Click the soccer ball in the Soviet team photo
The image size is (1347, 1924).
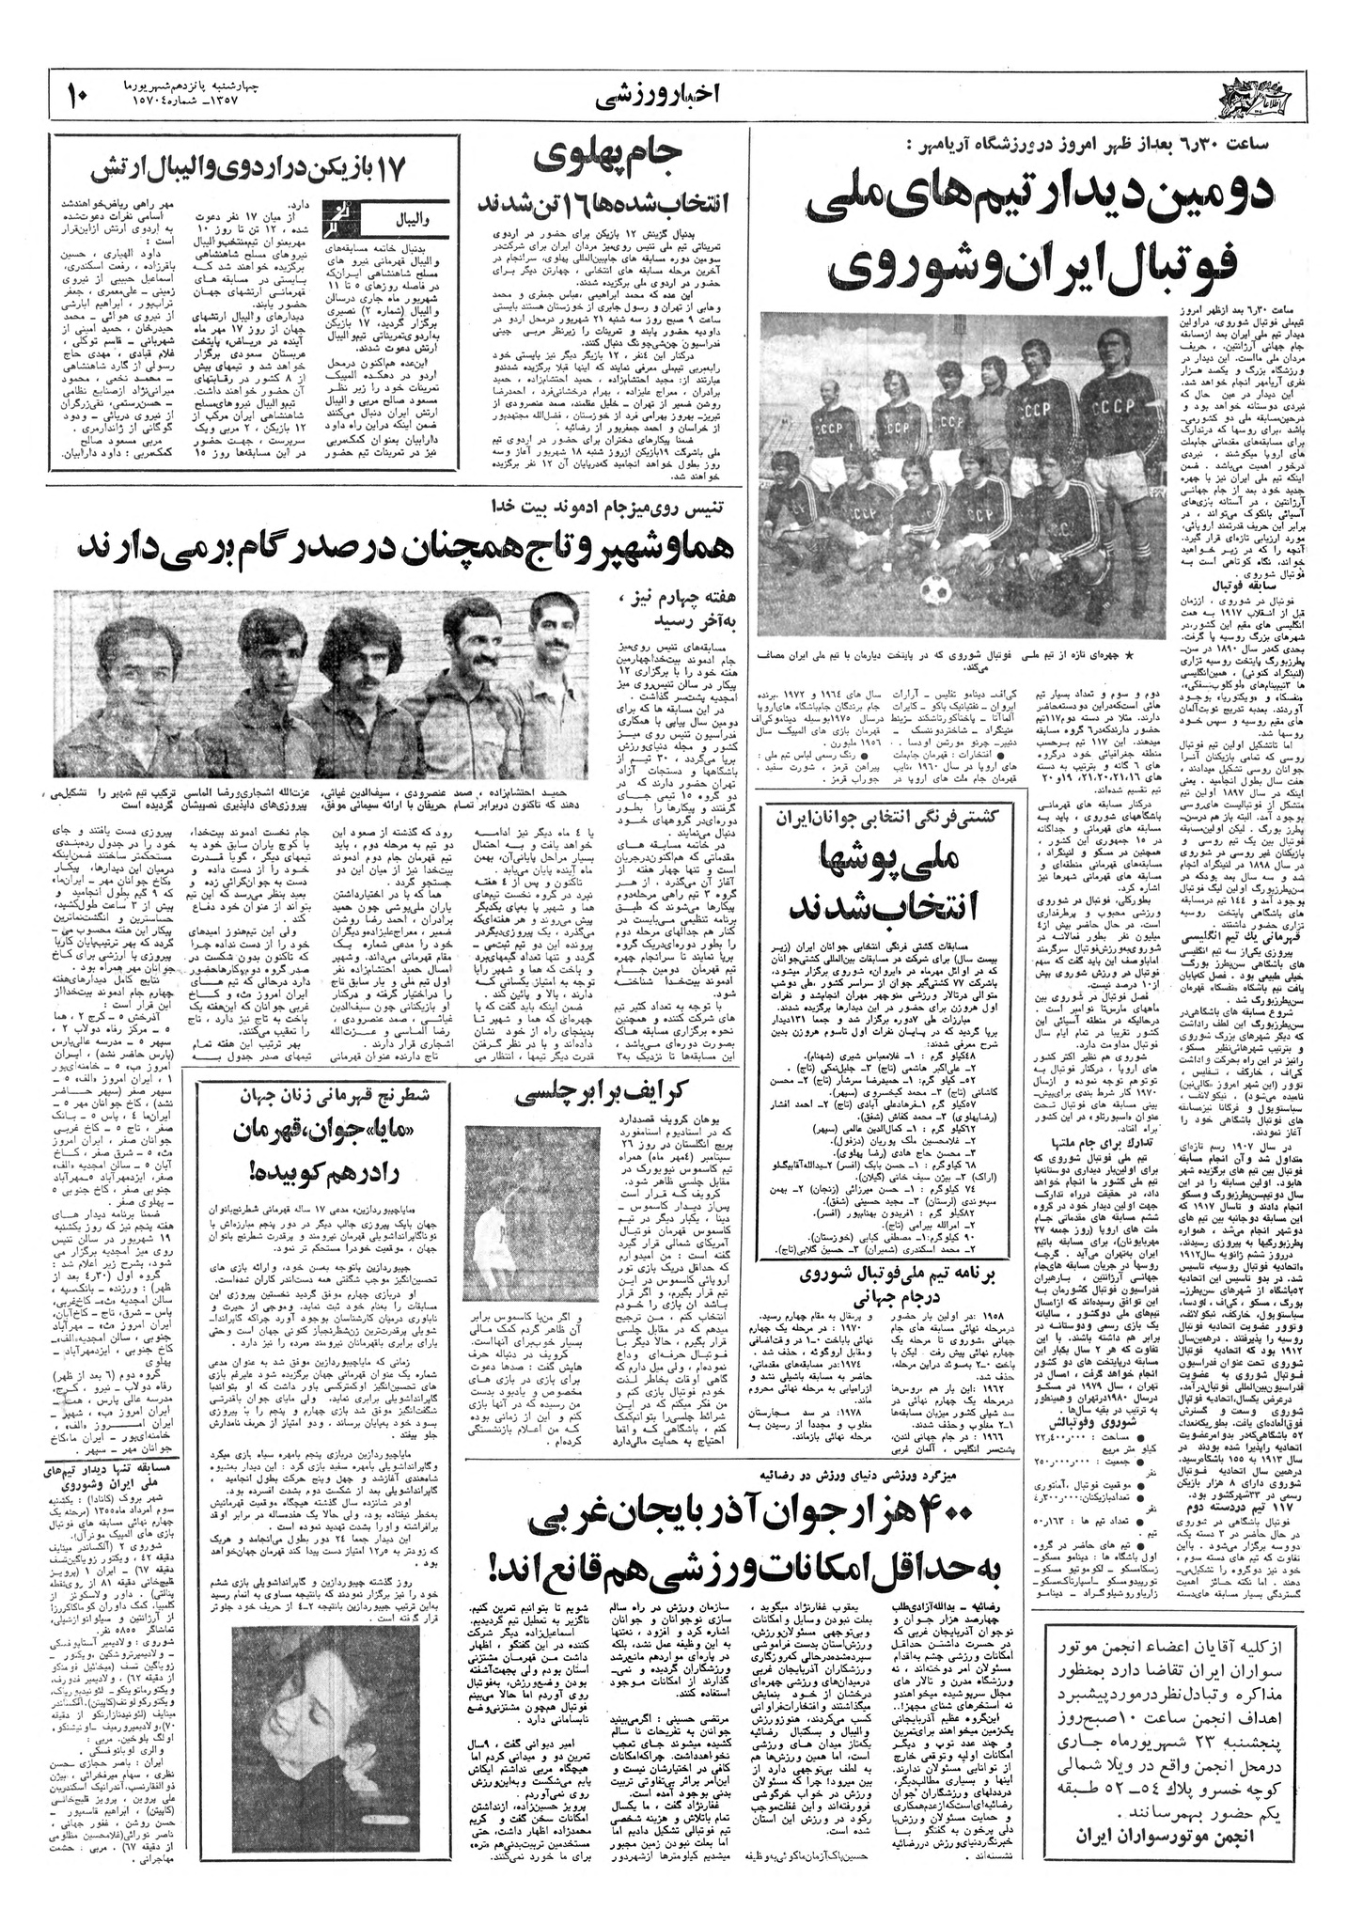click(936, 589)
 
